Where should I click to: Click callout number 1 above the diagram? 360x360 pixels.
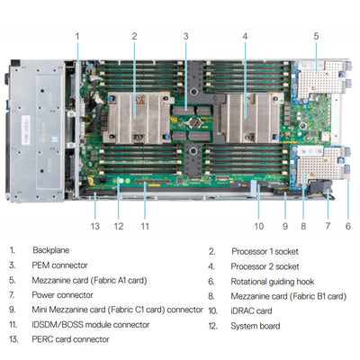(x=77, y=36)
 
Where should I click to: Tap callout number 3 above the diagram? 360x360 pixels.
(x=185, y=36)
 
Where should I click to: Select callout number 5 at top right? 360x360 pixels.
(x=316, y=36)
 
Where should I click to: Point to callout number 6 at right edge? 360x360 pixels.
(x=347, y=226)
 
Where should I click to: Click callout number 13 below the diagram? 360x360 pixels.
(x=94, y=226)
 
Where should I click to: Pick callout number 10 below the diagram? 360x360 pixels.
(x=258, y=226)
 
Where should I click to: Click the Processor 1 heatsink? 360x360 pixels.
(x=135, y=118)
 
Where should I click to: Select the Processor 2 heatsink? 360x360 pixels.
(x=245, y=118)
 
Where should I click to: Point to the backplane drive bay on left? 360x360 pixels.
(x=36, y=130)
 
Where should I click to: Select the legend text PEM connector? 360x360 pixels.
(x=61, y=265)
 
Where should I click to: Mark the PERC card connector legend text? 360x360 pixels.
(x=71, y=339)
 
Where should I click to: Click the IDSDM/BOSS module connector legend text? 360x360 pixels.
(x=91, y=324)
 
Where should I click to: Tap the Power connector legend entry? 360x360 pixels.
(x=63, y=295)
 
